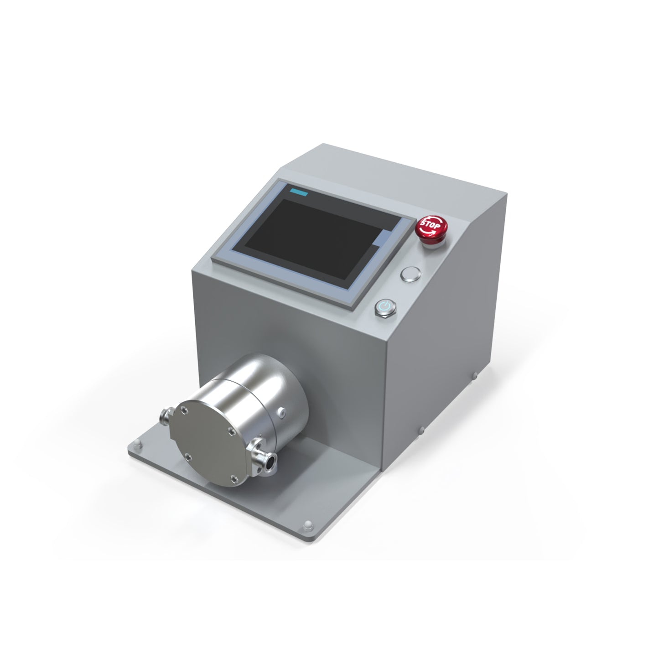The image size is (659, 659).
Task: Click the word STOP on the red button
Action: pos(430,225)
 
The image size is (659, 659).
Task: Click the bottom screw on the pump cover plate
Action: pos(234,478)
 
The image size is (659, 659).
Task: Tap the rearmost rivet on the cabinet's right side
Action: pos(474,375)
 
